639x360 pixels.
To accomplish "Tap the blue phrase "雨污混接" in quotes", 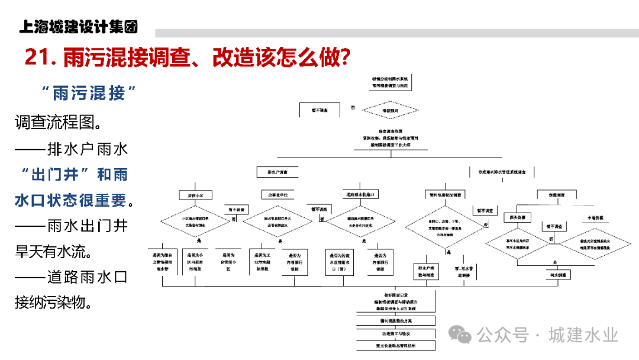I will [x=89, y=93].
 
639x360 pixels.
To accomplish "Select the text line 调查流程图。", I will [x=57, y=123].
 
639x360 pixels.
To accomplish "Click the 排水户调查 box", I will [x=277, y=172].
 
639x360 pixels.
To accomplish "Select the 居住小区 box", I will [x=195, y=195].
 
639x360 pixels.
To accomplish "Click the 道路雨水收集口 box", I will [x=360, y=195].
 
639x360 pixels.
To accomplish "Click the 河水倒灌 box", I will [x=557, y=275].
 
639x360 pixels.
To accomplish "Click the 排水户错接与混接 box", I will [x=424, y=271].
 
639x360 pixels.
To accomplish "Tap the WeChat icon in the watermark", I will [x=460, y=335].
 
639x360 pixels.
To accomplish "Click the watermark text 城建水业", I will [x=583, y=335].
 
